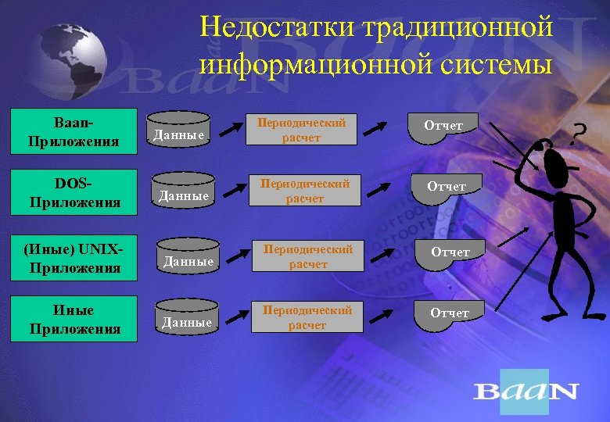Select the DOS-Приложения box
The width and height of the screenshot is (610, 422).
tap(74, 192)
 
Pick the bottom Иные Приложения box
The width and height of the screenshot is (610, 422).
tap(74, 320)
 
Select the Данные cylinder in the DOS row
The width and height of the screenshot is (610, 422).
tap(185, 193)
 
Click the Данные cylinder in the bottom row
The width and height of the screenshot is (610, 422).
tap(186, 319)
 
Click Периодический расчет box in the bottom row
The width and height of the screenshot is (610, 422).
tap(307, 317)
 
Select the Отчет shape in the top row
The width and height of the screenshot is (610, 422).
tap(443, 128)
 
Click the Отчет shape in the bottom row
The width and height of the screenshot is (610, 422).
tap(450, 316)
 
